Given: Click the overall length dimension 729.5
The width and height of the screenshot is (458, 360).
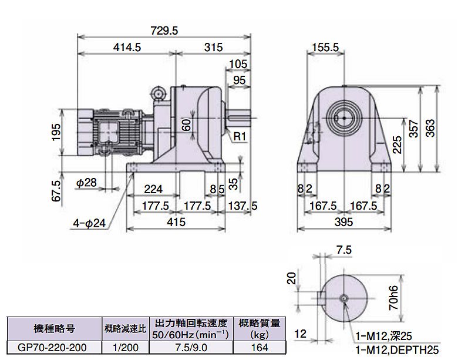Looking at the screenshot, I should [164, 31].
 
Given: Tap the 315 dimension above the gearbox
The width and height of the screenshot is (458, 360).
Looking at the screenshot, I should [213, 48].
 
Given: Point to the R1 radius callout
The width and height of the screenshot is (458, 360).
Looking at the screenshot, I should [239, 136].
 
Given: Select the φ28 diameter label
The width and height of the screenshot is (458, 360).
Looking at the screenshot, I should [86, 183].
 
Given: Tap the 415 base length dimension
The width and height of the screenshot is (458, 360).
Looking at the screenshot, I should [176, 221].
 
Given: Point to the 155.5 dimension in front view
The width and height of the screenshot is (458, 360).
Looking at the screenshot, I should [325, 48].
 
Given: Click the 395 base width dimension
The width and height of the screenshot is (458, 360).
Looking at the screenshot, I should [343, 221].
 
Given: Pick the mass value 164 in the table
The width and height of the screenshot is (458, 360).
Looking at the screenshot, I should [260, 348].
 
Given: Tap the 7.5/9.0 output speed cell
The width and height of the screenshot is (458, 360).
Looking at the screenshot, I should [190, 348].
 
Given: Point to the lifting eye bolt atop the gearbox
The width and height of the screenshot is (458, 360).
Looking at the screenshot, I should [158, 92].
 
